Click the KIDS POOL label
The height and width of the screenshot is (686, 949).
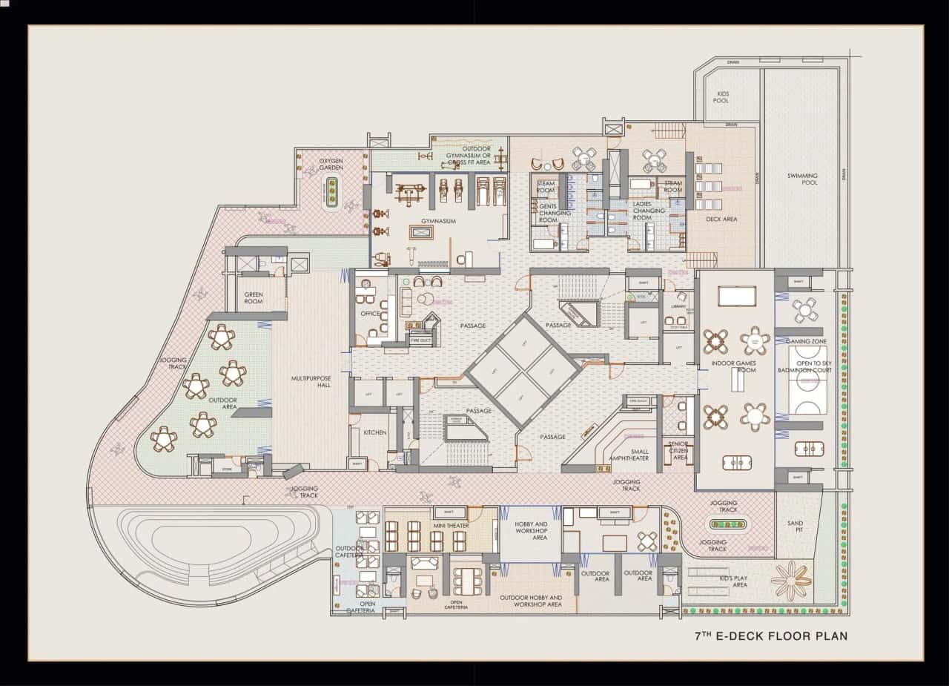(721, 96)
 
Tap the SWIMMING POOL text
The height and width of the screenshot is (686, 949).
(802, 179)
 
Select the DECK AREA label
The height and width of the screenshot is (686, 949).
(721, 220)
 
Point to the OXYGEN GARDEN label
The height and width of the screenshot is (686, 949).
(331, 164)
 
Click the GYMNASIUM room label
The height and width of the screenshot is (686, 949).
(438, 221)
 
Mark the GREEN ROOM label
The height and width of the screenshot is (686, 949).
(254, 298)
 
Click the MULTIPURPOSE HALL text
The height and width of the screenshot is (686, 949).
(311, 381)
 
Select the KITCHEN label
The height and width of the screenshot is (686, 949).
(374, 432)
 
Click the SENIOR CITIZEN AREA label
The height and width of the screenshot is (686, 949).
(678, 450)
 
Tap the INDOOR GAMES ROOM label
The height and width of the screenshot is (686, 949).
(733, 366)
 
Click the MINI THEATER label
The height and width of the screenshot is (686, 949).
(451, 526)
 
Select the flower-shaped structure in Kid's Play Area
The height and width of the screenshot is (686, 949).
(790, 580)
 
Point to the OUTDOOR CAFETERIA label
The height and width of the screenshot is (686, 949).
(348, 552)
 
